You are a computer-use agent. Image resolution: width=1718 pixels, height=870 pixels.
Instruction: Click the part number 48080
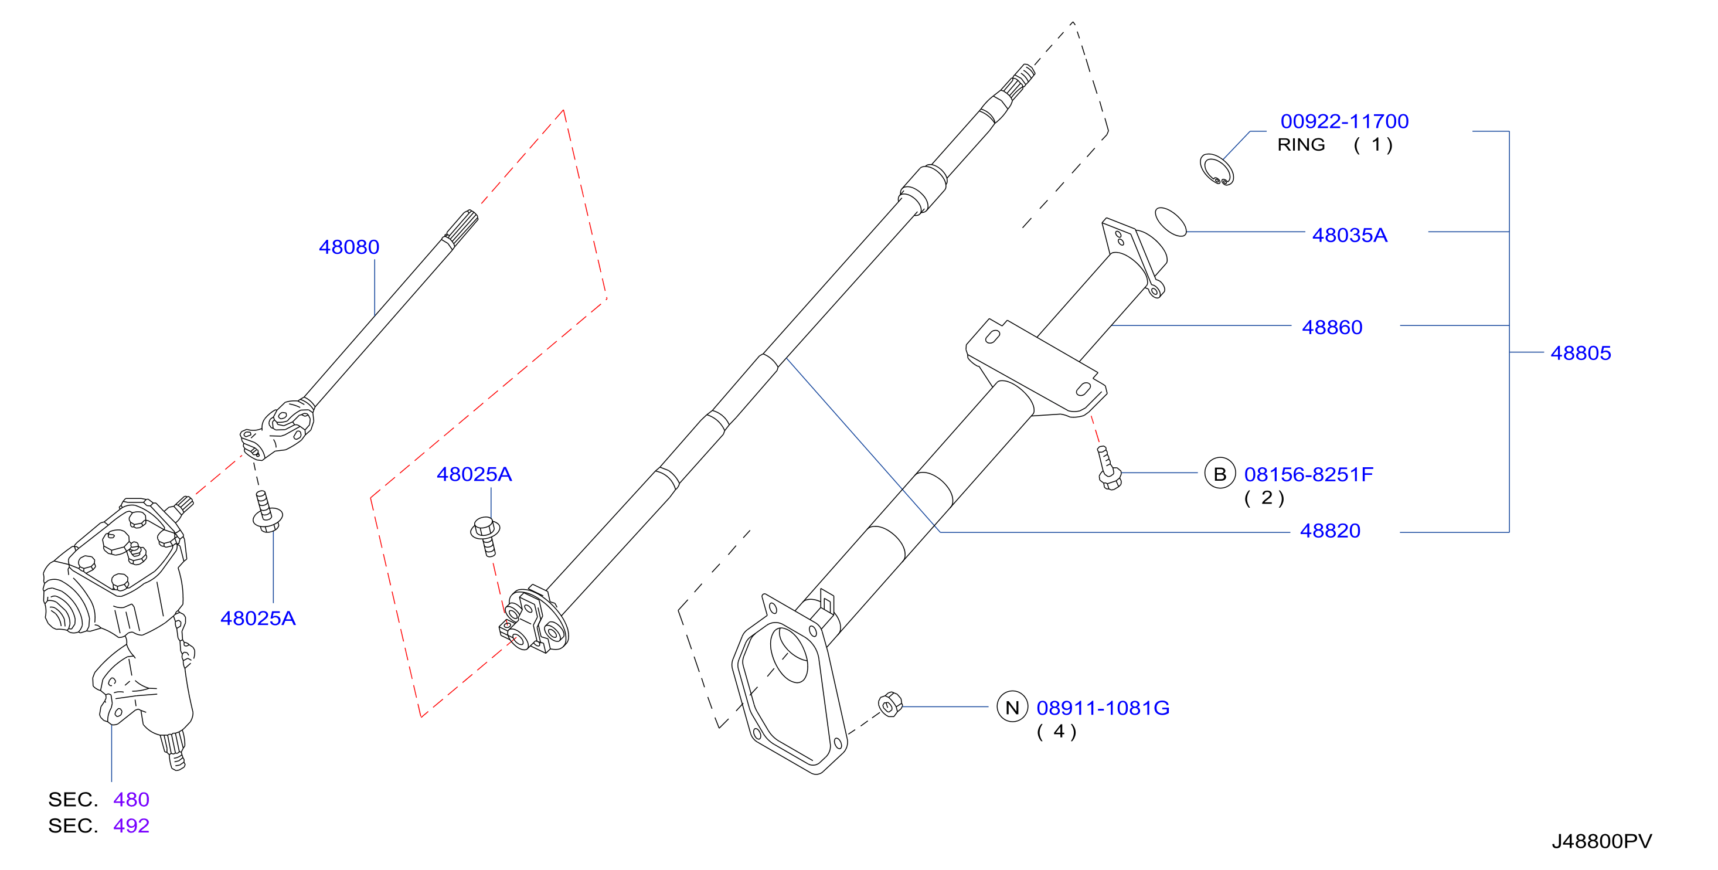(x=349, y=247)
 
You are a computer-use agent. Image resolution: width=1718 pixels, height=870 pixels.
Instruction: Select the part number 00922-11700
(x=1345, y=121)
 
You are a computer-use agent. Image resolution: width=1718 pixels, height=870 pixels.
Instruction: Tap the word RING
(x=1301, y=145)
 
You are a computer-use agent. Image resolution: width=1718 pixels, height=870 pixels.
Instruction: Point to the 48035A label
(x=1350, y=236)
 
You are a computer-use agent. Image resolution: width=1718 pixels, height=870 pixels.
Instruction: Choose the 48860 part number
(x=1332, y=328)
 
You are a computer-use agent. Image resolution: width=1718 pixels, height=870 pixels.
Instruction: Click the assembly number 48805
(x=1581, y=353)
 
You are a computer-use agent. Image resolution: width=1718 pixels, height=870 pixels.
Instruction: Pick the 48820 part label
(x=1330, y=531)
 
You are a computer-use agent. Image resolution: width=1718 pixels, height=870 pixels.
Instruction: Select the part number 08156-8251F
(x=1308, y=474)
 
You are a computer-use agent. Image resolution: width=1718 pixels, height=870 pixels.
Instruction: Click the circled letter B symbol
(x=1220, y=474)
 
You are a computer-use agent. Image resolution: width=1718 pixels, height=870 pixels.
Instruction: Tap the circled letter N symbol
(x=1012, y=707)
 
